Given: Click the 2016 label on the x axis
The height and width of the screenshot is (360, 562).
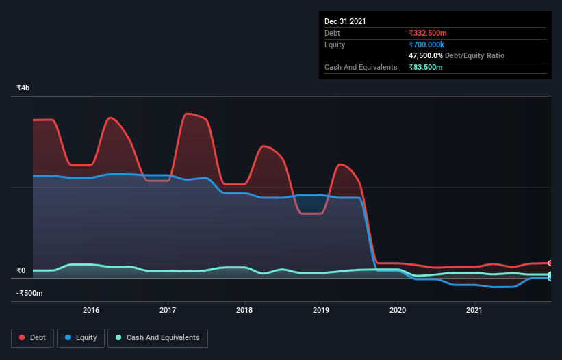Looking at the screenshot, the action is pos(91,310).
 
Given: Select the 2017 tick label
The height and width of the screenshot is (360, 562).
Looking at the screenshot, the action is pos(168,310).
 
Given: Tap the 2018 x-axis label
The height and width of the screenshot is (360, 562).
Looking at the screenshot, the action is pos(244,310).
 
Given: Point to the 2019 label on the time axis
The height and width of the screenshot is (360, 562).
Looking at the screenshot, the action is pos(321,310).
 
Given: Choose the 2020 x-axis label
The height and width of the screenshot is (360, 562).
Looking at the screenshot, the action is pos(398,310).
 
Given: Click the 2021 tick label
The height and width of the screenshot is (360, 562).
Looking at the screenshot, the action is pos(474,310).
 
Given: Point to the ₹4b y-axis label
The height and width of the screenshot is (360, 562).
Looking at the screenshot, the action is pos(23,88).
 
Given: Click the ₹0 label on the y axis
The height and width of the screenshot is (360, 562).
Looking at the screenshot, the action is pos(21,270).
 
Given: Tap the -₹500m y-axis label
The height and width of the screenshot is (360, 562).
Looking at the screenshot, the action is pos(29,293).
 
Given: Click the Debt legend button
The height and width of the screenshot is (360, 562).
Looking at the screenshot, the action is pos(33,338).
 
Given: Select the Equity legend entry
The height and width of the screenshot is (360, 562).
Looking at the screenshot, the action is pos(81,338).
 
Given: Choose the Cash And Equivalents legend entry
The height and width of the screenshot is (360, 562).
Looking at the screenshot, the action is pos(157,338).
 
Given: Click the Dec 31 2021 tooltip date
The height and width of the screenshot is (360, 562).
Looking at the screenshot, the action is pos(345,21).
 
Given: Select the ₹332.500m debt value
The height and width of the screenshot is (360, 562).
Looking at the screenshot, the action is pos(428,33).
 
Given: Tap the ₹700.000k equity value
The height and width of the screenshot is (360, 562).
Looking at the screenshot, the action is pos(426,44).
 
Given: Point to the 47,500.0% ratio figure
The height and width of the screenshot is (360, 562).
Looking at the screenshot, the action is pos(426,55).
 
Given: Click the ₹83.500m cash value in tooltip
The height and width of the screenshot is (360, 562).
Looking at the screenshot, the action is pos(426,67).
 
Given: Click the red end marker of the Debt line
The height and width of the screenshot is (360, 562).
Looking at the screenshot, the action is pos(550,263).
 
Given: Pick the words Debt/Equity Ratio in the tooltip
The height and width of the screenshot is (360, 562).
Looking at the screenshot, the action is pos(474,55).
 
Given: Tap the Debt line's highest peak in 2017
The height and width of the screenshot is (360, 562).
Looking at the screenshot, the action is pos(186,114).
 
